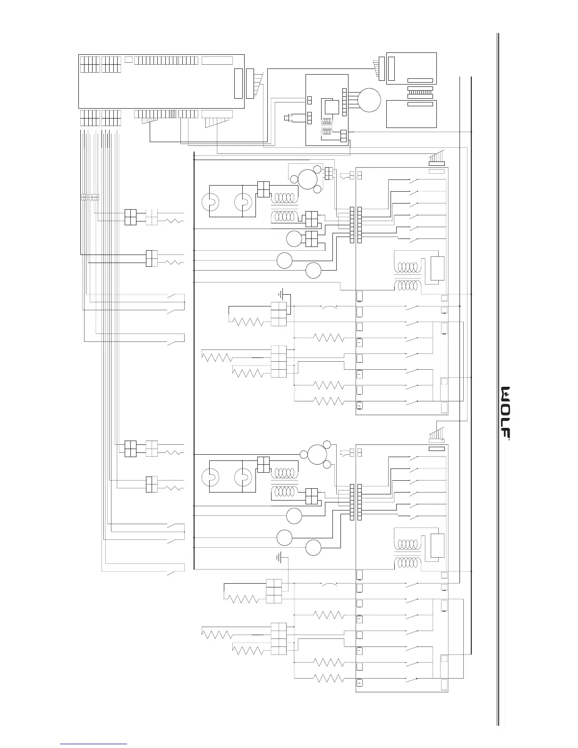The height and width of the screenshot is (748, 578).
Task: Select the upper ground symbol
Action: [x=281, y=295]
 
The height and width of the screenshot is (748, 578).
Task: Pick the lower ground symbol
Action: [x=280, y=558]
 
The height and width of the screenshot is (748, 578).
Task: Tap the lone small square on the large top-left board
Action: [x=129, y=60]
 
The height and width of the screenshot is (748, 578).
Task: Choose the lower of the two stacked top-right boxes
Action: [x=411, y=114]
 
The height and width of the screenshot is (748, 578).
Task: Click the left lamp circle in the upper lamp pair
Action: [x=209, y=202]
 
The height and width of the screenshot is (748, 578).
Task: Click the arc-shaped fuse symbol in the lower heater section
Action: [x=329, y=585]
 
